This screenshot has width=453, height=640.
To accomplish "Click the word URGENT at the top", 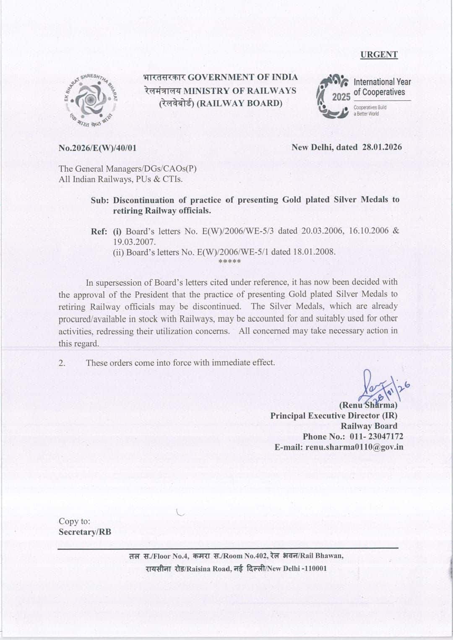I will [x=379, y=55].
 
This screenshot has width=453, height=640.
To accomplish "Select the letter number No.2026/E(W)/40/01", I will [x=97, y=148].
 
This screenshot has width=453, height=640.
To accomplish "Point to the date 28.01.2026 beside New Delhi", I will [x=382, y=147].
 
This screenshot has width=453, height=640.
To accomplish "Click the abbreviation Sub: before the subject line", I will [x=100, y=200].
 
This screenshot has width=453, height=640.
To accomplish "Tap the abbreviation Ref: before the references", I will [x=99, y=232].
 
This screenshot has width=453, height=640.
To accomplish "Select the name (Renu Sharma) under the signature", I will [x=368, y=405].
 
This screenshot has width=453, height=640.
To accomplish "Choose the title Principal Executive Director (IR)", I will [x=333, y=416].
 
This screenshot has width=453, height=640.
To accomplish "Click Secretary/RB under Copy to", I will [x=85, y=532].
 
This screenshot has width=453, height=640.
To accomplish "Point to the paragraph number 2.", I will [x=62, y=363].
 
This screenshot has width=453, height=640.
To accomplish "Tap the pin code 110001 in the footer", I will [x=314, y=569].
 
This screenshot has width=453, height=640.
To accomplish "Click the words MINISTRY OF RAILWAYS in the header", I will [x=240, y=91].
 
